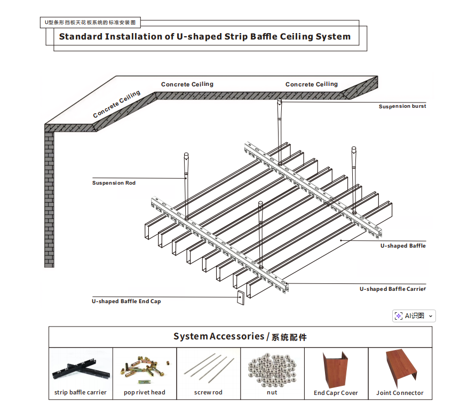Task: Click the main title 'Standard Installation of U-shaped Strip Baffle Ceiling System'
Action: (204, 37)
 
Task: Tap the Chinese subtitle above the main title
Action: (90, 23)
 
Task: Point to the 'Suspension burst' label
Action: (402, 106)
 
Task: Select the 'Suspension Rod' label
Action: (114, 183)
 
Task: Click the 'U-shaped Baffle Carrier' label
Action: (392, 289)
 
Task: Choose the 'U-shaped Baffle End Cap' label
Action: (126, 302)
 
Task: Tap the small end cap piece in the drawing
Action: (240, 298)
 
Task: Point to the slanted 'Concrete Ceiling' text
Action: (116, 105)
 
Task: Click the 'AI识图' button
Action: (410, 316)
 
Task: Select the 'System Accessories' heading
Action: (240, 337)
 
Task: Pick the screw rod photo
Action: (208, 368)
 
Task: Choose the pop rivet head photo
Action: (145, 368)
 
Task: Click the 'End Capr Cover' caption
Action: (336, 393)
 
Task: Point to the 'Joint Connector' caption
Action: (400, 393)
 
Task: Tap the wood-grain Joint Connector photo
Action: (400, 368)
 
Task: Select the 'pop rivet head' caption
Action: (145, 393)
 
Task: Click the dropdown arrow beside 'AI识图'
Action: (430, 316)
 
